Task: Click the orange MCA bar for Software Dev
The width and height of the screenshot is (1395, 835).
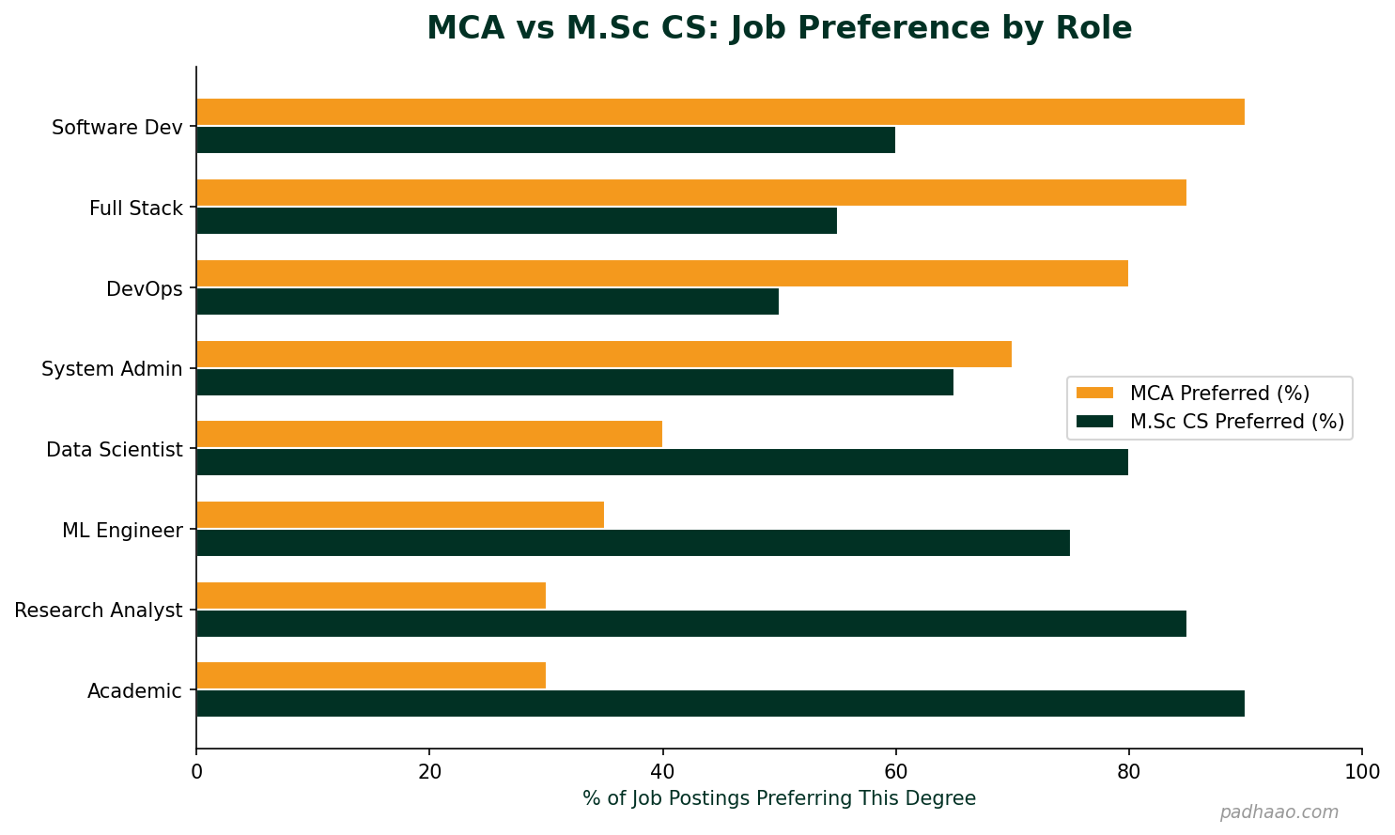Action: coord(720,112)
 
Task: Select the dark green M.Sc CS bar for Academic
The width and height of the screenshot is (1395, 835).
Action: coord(720,704)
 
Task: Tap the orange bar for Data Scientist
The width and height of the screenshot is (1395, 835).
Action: coord(428,434)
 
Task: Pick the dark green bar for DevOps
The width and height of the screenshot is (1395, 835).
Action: coord(487,302)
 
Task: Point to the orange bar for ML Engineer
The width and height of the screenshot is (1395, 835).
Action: coord(399,515)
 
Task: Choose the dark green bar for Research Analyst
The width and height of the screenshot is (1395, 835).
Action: coord(690,624)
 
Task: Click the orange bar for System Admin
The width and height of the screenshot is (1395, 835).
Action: coord(603,354)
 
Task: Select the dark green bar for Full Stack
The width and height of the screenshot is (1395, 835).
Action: coord(516,221)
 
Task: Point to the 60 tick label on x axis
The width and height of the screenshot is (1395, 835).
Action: coord(895,772)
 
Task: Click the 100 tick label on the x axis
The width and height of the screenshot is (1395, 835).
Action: coord(1361,772)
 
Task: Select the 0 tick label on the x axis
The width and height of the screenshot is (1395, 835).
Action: coord(196,772)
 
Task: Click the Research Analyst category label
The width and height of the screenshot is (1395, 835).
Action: coord(99,611)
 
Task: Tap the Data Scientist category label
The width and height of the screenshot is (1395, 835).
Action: coord(114,450)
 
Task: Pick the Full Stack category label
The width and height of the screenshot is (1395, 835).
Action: coord(135,209)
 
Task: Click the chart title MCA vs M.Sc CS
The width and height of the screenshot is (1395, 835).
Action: coord(779,28)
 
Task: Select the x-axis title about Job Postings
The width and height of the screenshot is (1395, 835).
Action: coord(779,798)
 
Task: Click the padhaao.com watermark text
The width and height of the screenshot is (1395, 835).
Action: coord(1279,812)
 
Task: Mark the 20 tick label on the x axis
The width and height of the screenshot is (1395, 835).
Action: coord(429,772)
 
